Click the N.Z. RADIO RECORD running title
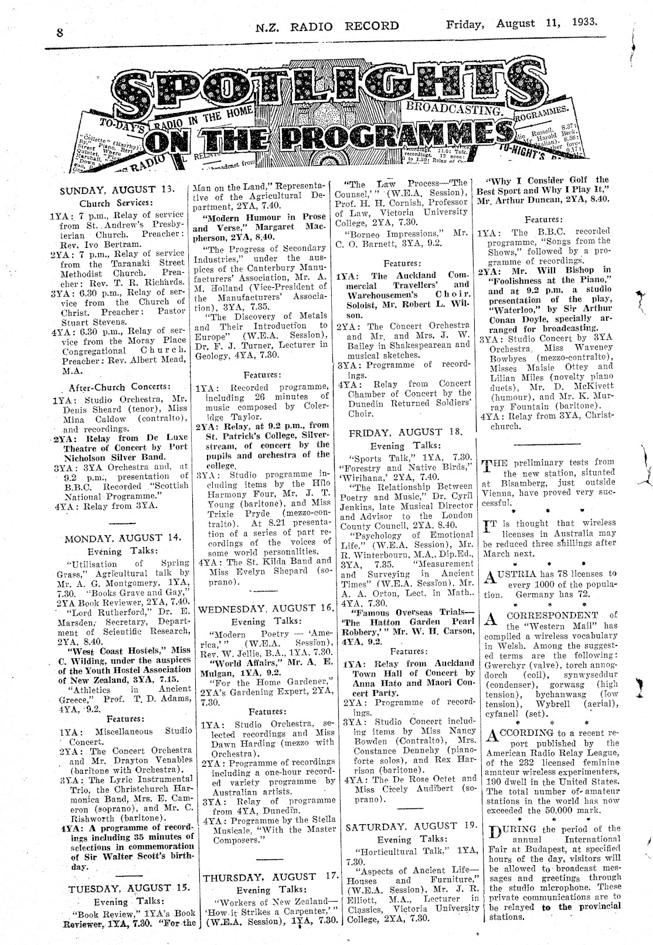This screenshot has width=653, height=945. click(327, 26)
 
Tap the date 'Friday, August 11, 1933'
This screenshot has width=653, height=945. click(521, 24)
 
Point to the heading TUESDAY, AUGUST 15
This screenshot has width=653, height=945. click(127, 888)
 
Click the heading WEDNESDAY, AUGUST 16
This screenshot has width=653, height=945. click(266, 609)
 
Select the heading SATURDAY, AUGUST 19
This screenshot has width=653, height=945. click(410, 827)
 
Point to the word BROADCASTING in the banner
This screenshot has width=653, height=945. click(455, 107)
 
